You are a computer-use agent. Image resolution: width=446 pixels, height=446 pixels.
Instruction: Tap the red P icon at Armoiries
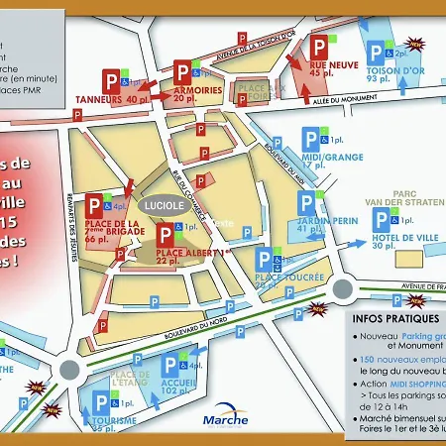(183, 72)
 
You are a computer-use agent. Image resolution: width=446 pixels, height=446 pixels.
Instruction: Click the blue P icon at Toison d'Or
(377, 53)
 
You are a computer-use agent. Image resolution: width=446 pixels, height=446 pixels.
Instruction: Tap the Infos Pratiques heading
(394, 319)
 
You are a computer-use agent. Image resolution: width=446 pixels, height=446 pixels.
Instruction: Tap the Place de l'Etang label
(129, 378)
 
